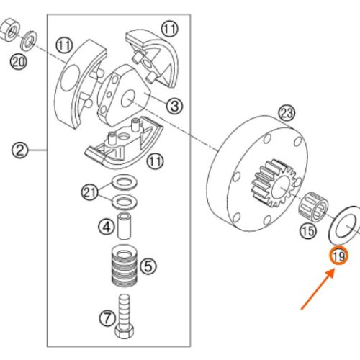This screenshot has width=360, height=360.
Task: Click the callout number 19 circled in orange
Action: coord(338,256)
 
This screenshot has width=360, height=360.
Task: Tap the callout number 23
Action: coord(287,113)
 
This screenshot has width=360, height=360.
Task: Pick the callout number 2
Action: coord(20,150)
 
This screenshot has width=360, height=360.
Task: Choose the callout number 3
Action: coord(174,106)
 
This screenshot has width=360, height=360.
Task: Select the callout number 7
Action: coord(106,318)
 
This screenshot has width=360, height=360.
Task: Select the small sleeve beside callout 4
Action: coord(126,225)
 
